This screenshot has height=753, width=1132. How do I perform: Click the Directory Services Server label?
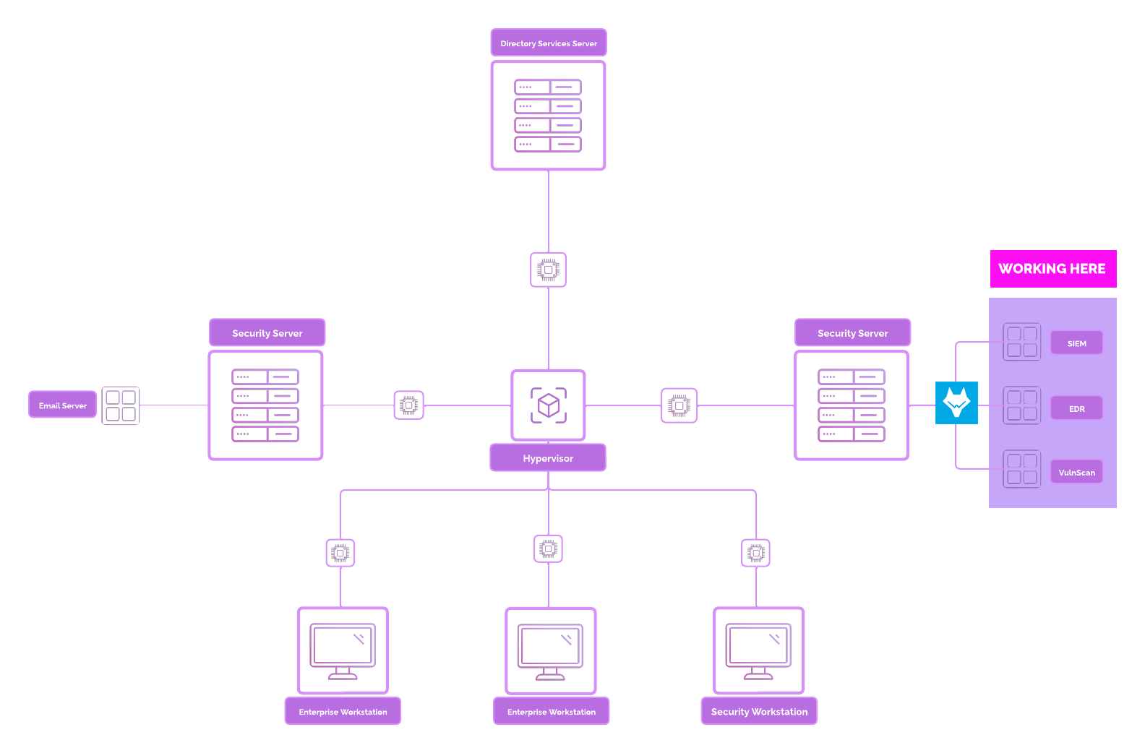coord(549,43)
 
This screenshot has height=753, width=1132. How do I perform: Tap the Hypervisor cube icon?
coord(549,405)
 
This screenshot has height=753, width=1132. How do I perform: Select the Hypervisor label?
coord(548,458)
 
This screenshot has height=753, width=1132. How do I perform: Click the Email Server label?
coord(63,405)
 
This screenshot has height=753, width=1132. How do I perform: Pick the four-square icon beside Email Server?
coord(121,405)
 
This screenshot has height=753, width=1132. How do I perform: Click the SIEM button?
coord(1076,343)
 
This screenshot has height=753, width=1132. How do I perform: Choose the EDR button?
coord(1076,408)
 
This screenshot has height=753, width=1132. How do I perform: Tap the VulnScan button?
coord(1076,473)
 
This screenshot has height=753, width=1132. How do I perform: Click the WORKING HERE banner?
coord(1052,269)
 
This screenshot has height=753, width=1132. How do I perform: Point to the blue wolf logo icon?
coord(956,403)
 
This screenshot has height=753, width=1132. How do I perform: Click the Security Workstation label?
coord(759,712)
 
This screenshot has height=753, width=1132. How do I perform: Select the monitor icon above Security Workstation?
coord(758,651)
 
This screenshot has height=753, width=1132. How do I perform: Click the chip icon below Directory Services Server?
coord(549,270)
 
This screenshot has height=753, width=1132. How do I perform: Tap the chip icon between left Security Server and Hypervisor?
coord(409,405)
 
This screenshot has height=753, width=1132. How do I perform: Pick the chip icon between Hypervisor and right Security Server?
coord(679,405)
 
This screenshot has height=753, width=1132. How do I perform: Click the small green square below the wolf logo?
coord(964,554)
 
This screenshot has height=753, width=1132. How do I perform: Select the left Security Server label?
coord(267,333)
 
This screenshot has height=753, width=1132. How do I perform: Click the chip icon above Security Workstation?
coord(756,553)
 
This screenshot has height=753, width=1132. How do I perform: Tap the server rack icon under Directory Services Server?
coord(549,116)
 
